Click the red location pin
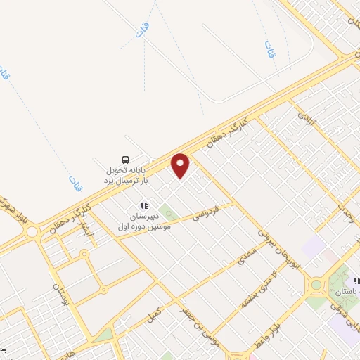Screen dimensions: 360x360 click(x=181, y=165)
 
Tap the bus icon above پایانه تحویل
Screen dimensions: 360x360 click(x=126, y=159)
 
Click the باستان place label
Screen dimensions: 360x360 click(x=347, y=290)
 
